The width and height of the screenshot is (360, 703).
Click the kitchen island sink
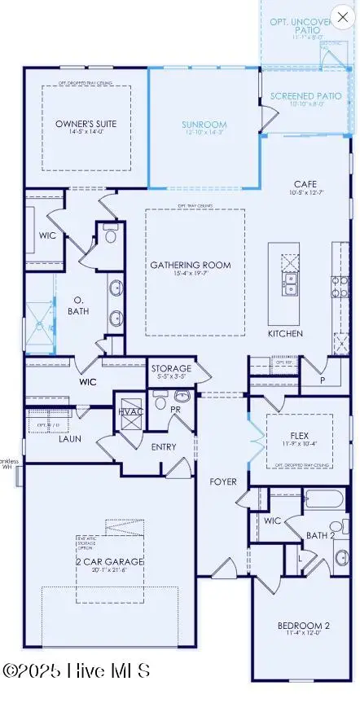tap(289, 281)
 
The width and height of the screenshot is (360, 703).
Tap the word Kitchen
tap(285, 334)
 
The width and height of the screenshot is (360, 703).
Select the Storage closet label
tap(171, 369)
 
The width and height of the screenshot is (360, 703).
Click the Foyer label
tap(223, 481)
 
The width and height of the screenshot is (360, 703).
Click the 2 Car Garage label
tap(108, 561)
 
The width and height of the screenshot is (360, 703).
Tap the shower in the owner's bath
tap(38, 326)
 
